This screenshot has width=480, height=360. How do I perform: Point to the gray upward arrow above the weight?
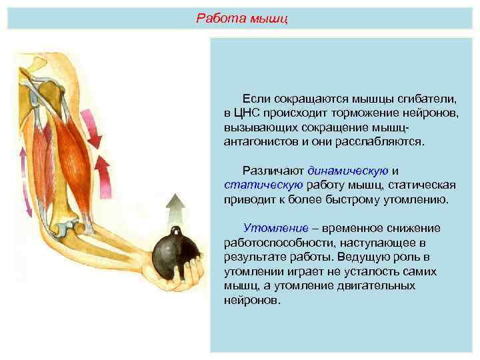point(175,207)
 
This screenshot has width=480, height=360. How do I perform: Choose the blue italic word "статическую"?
point(263,185)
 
